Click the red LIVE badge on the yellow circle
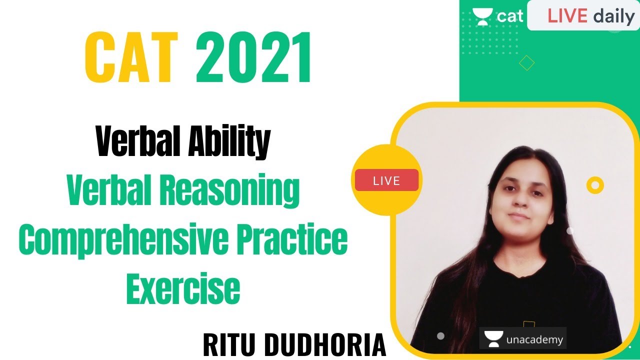coord(386,180)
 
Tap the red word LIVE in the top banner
coord(567,16)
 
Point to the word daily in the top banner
coord(613,16)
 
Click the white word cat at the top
coord(509,16)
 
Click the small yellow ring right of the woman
coord(594,186)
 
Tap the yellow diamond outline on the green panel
coord(526,63)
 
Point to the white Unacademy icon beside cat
coord(482,17)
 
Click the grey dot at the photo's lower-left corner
coord(440,336)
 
